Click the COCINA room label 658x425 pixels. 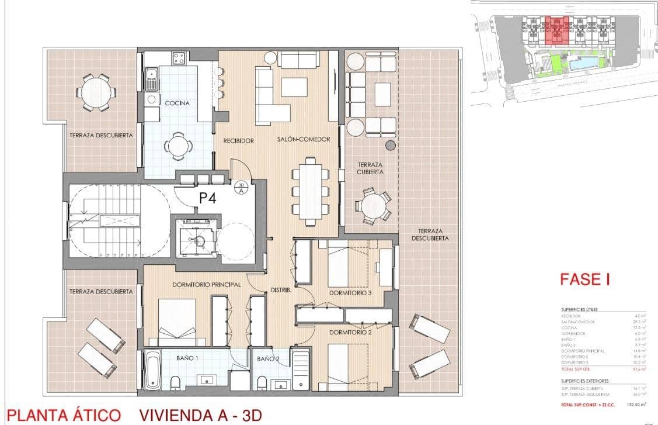pyautogui.click(x=177, y=103)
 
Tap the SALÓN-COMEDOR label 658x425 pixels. pyautogui.click(x=304, y=139)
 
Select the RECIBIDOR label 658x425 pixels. pyautogui.click(x=238, y=141)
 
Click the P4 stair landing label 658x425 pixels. pyautogui.click(x=208, y=198)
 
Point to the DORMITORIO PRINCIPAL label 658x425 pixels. pyautogui.click(x=207, y=285)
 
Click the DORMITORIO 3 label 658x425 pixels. pyautogui.click(x=350, y=293)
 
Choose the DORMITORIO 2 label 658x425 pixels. pyautogui.click(x=350, y=333)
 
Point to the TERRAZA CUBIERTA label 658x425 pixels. pyautogui.click(x=371, y=168)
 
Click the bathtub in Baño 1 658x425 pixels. pyautogui.click(x=153, y=369)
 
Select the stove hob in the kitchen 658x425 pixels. pyautogui.click(x=179, y=58)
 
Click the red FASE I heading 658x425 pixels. pyautogui.click(x=584, y=279)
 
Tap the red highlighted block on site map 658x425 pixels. pyautogui.click(x=558, y=31)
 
